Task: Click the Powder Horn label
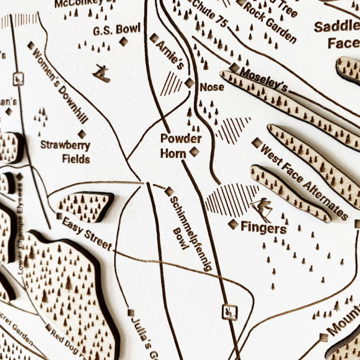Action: click(181, 146)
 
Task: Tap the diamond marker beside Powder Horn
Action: click(194, 152)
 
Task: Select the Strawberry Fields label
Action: click(65, 152)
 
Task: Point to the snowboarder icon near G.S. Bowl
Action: click(102, 73)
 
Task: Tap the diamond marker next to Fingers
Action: click(233, 224)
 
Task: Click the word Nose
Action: click(212, 87)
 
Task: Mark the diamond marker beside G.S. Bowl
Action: click(123, 41)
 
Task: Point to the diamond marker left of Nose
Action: click(189, 83)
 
